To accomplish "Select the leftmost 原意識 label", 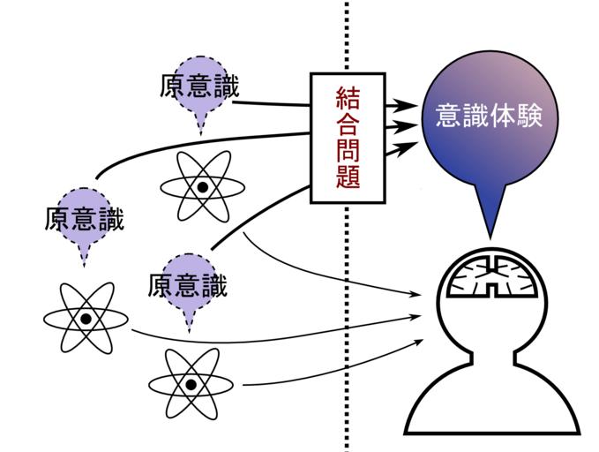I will point(84,217).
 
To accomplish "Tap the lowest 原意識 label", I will point(188,285).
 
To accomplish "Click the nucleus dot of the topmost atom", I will point(202,187).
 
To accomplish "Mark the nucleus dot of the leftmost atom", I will point(85,318).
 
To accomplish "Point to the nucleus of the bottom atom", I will point(190,384).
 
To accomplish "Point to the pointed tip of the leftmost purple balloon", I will point(85,263).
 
